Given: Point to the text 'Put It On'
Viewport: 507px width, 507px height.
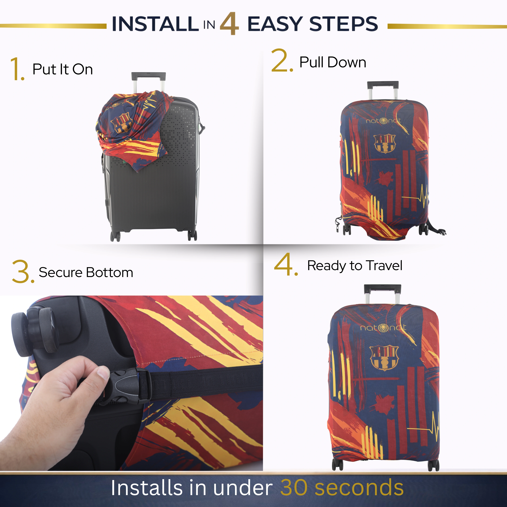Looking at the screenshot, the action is pos(62,69).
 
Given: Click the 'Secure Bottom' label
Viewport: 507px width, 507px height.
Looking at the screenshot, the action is pos(86,272).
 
